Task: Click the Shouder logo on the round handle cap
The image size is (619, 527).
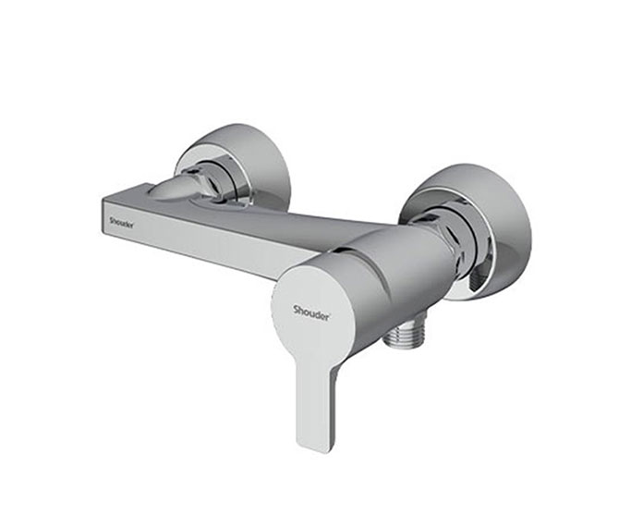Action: [311, 312]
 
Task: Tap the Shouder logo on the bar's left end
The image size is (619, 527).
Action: [121, 222]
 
